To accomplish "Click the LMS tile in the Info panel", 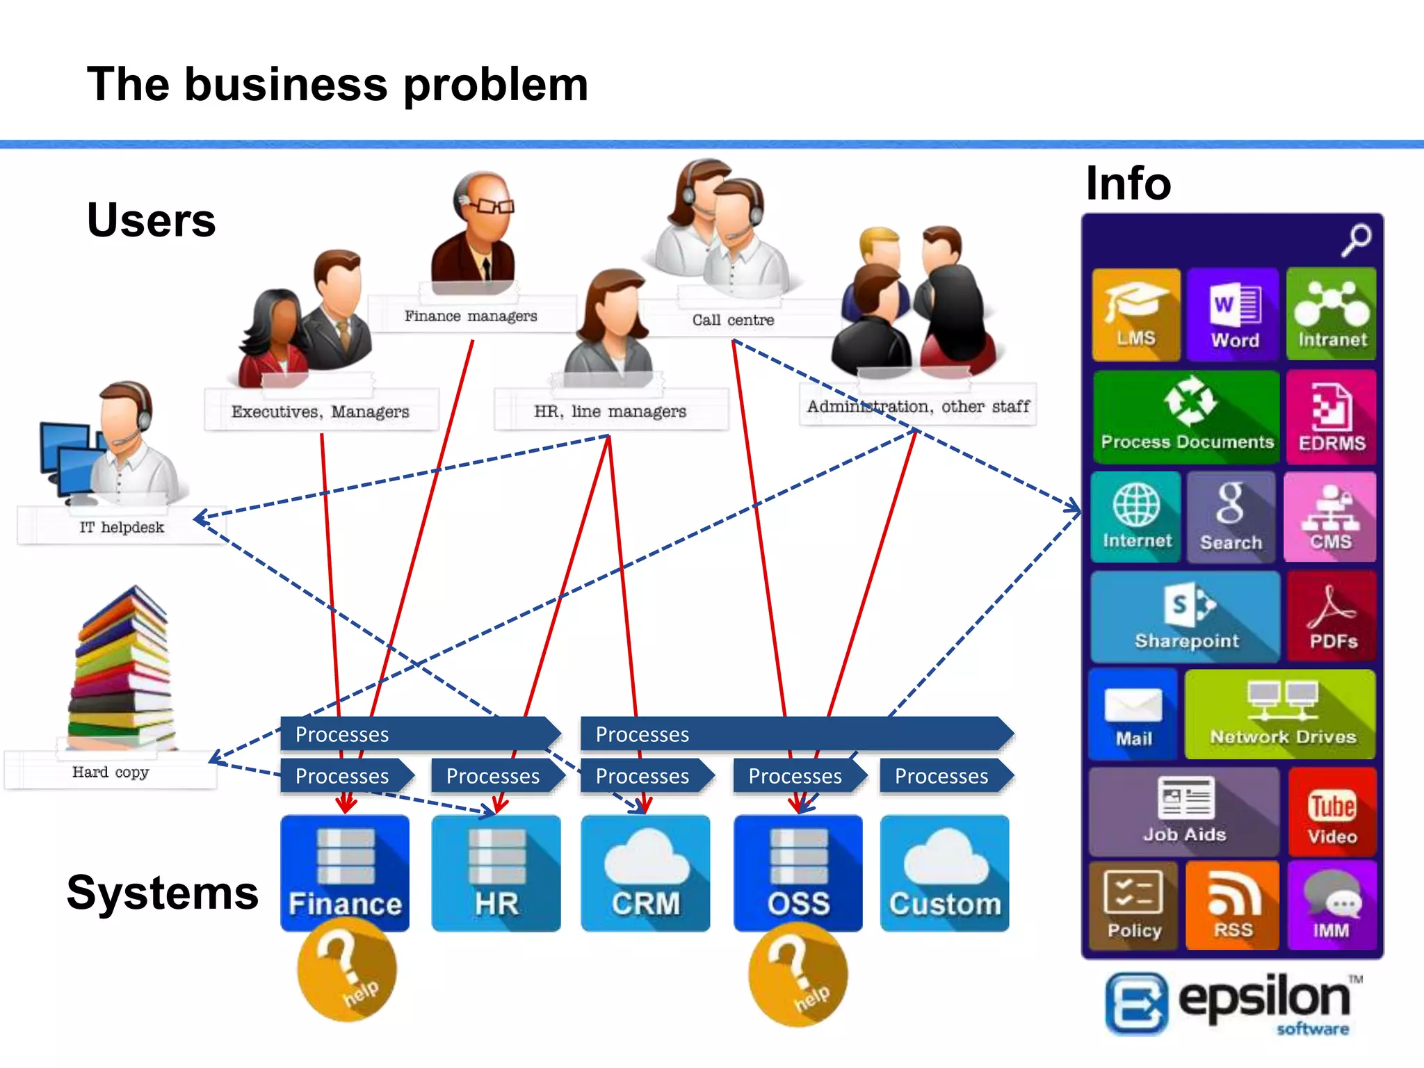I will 1135,314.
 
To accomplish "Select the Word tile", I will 1233,314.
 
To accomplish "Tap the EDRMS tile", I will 1331,417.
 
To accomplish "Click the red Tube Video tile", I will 1332,812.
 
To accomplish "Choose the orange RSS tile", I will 1232,905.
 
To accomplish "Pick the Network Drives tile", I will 1281,714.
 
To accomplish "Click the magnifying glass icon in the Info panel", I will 1356,240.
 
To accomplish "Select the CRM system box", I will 645,873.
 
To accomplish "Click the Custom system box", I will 944,873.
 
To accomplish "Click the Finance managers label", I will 471,316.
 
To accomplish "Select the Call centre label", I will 733,320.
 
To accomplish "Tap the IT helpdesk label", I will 122,527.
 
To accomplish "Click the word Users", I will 151,220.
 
